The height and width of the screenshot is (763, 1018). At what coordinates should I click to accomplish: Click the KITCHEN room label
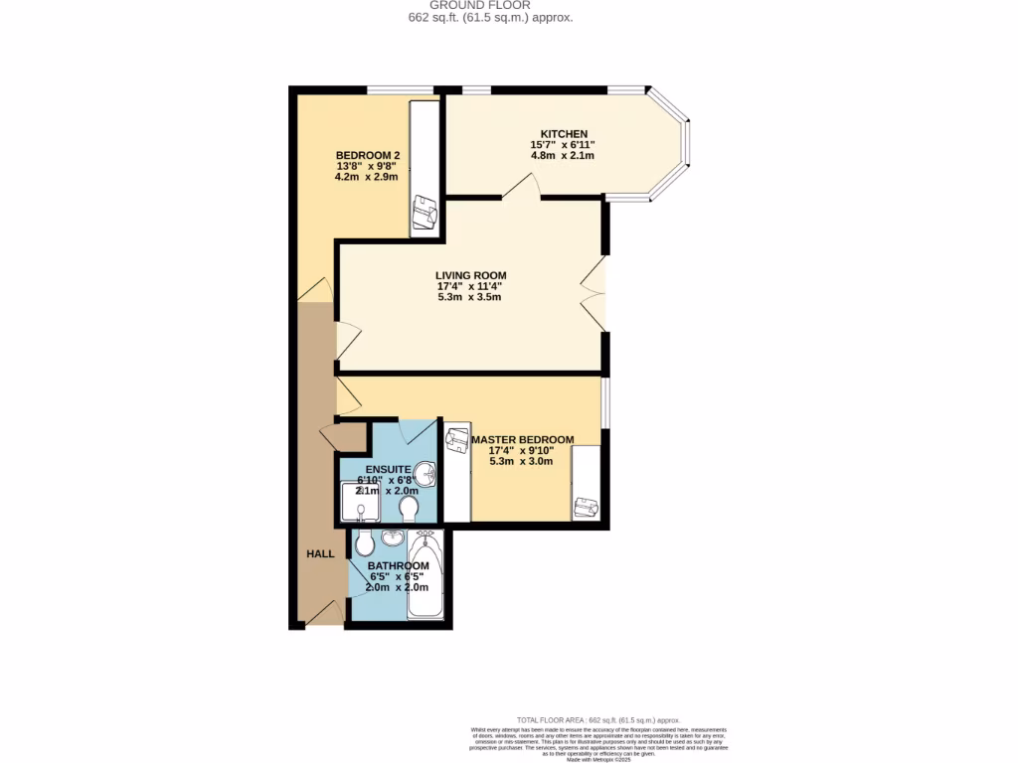click(x=564, y=134)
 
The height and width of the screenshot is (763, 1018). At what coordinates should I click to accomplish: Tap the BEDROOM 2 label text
click(x=367, y=155)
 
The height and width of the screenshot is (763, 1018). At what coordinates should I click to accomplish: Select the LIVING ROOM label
click(x=470, y=275)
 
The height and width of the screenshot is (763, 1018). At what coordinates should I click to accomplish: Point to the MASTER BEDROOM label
click(x=523, y=439)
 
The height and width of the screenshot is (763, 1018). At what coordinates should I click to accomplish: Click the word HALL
click(x=320, y=553)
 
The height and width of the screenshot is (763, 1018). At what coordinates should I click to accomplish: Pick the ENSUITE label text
click(x=389, y=469)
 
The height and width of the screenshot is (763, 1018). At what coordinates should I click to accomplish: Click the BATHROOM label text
click(x=398, y=565)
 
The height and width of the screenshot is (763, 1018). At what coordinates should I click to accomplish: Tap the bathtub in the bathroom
click(x=427, y=576)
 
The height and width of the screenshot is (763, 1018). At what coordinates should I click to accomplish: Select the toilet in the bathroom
click(x=364, y=542)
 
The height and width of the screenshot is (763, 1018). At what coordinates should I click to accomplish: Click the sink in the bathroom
click(x=392, y=538)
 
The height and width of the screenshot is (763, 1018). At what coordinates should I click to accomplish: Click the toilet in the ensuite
click(x=408, y=509)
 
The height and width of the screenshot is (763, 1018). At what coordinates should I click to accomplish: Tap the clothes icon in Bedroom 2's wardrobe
click(x=426, y=212)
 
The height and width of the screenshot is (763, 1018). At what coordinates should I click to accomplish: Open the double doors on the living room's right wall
click(x=594, y=294)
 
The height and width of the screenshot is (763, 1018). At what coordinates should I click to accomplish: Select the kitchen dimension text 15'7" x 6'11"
click(x=563, y=145)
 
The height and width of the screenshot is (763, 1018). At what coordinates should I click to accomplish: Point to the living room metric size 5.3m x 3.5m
click(x=470, y=297)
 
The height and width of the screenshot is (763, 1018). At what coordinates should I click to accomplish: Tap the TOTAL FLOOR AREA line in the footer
click(x=598, y=719)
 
